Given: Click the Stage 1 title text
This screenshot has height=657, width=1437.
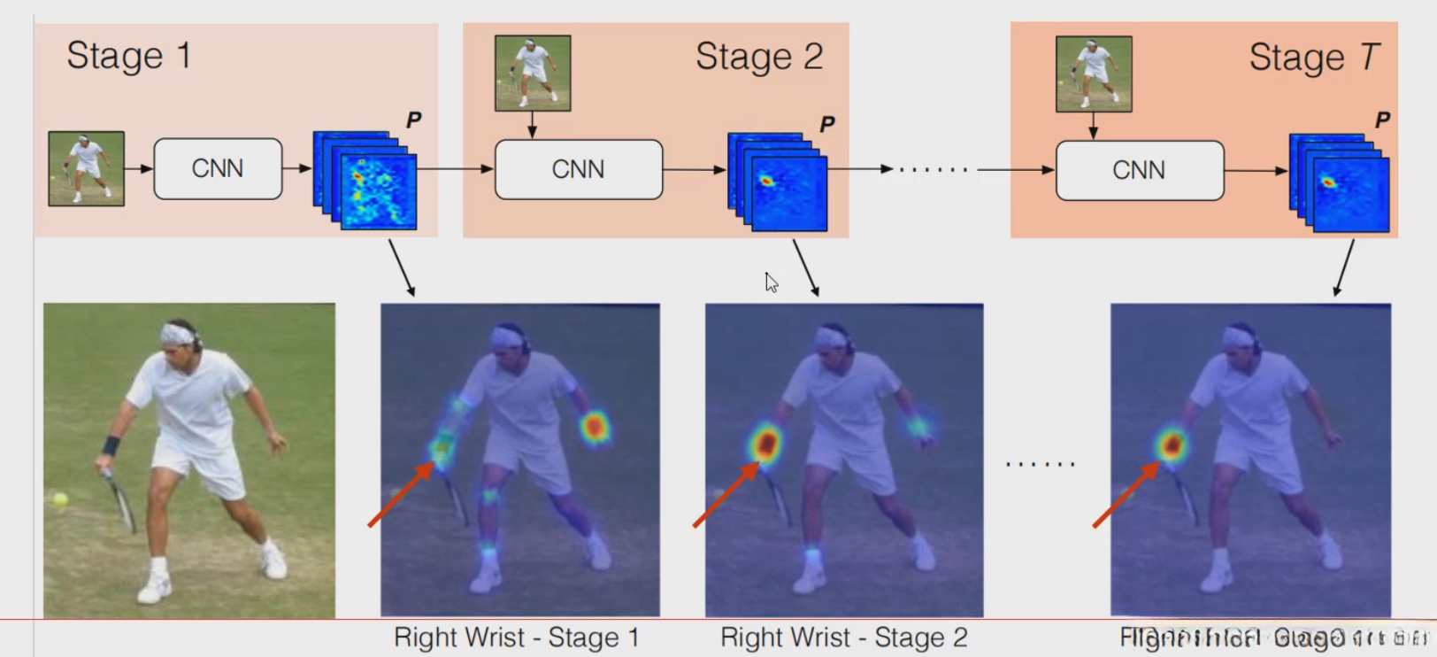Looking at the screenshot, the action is point(129,56).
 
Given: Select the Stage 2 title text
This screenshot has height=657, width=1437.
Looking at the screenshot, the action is point(759,57).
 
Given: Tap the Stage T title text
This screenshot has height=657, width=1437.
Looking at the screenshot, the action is point(1313,58).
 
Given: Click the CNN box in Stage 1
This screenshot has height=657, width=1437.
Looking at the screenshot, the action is point(218,168).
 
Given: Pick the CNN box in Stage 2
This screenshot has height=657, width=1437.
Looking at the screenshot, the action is point(578,169).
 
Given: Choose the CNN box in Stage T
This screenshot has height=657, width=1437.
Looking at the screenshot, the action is point(1139,170).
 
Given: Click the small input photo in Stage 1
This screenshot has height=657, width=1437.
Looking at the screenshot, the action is point(86,168).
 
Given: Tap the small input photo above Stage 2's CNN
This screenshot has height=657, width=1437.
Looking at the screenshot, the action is point(533,73).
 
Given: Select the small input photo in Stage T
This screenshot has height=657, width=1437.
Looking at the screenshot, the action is point(1094,73).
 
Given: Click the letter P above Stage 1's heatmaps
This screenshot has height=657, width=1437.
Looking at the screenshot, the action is point(413,120).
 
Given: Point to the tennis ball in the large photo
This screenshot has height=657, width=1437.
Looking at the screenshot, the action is point(60,499).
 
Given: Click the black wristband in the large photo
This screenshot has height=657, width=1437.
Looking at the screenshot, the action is point(111,445).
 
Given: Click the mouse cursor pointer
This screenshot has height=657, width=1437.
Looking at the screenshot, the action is point(771,282).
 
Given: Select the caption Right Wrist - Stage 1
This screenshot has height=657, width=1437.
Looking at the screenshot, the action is point(516,638).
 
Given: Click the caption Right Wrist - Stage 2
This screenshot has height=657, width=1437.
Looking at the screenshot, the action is point(843,638).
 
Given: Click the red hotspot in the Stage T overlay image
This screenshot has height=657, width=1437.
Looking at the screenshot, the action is point(1172,443).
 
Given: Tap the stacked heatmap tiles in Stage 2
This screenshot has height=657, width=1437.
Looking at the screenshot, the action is point(778,182).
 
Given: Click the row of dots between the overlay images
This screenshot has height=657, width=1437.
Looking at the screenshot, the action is point(1041,464).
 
